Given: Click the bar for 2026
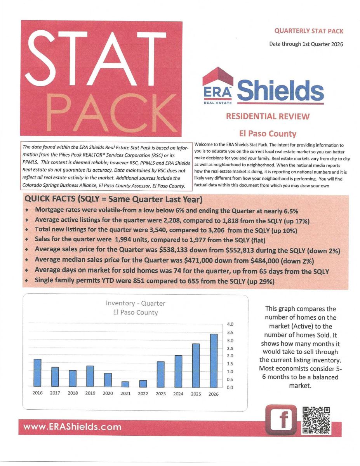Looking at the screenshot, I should tap(214, 360).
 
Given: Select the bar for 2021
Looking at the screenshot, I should tap(125, 384).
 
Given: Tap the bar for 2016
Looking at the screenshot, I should tap(37, 373).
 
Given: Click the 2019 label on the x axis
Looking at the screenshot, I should tap(90, 393).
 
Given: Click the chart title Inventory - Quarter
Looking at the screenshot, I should tap(135, 303).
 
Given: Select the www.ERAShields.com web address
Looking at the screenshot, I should tap(73, 427).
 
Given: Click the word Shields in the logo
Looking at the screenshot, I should tap(280, 90).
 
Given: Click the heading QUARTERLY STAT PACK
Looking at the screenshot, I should tap(309, 31).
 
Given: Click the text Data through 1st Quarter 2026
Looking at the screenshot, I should tap(306, 44).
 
